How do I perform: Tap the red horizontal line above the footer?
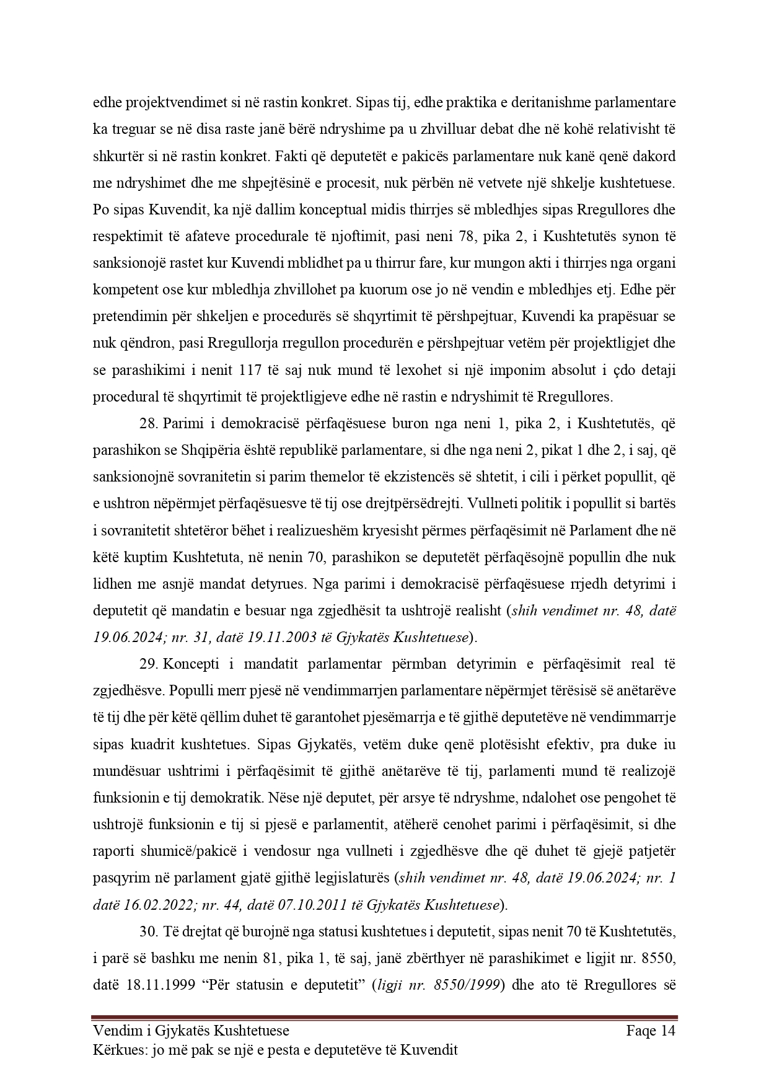[384, 1017]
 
